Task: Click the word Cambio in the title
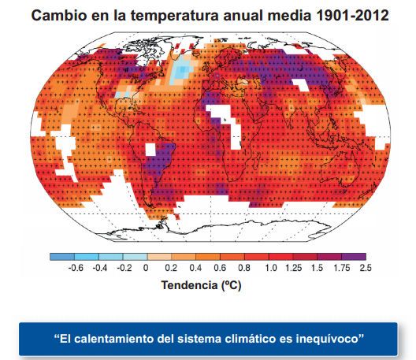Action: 59,16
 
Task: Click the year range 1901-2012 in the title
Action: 353,16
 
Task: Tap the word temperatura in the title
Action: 175,16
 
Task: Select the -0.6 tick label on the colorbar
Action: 76,268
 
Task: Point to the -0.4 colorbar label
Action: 100,268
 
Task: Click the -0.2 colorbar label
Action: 124,268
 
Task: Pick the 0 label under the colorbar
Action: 146,268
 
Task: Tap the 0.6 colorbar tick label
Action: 220,268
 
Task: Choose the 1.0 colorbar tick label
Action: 270,268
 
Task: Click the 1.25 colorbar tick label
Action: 293,268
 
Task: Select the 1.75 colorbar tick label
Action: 342,268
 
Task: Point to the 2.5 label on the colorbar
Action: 366,268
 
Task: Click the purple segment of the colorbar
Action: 354,257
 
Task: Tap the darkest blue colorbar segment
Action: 62,257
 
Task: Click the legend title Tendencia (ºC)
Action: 202,285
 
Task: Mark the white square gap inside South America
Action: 150,150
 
